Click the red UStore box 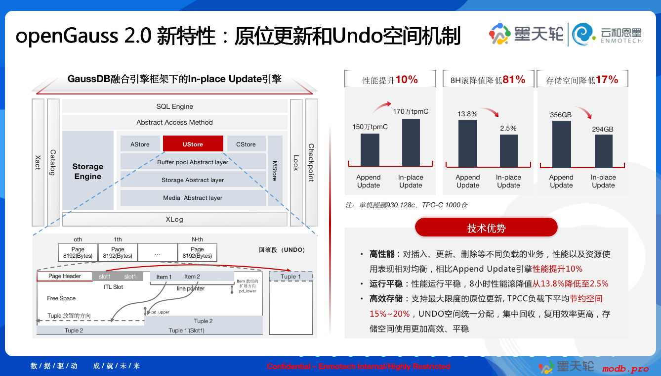(x=193, y=144)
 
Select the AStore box (x=140, y=144)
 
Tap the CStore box (x=246, y=144)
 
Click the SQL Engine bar (x=175, y=106)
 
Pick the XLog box (x=175, y=219)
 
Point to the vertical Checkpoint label (x=311, y=163)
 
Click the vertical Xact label (x=38, y=162)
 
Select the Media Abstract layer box (x=193, y=198)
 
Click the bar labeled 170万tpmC (x=411, y=142)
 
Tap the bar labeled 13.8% (x=468, y=143)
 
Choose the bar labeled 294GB (x=604, y=151)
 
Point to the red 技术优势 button (x=486, y=227)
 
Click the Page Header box (x=65, y=276)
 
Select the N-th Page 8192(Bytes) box (x=197, y=252)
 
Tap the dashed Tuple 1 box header (x=291, y=277)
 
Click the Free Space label (x=61, y=298)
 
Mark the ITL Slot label (x=113, y=287)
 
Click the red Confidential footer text (x=359, y=367)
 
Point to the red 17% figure (x=607, y=80)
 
